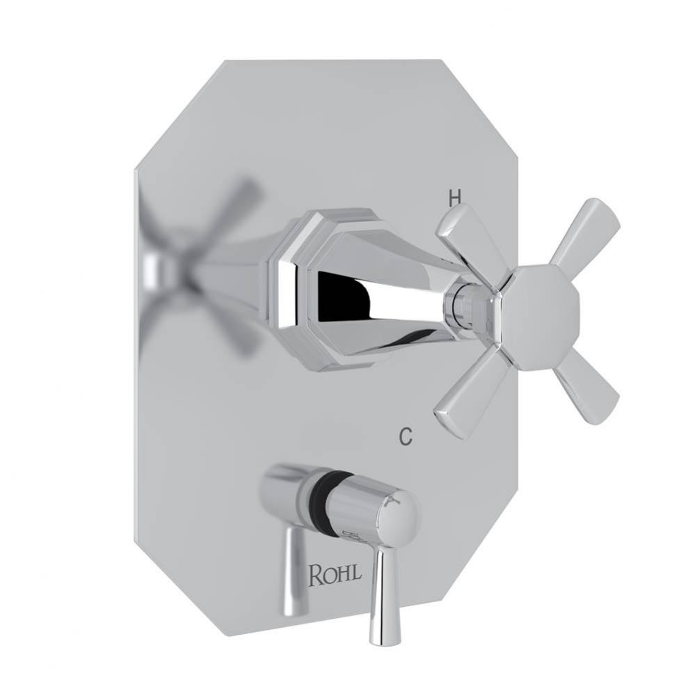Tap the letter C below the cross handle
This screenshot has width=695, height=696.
pyautogui.click(x=406, y=437)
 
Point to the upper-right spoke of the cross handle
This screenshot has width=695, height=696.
pyautogui.click(x=585, y=234)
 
